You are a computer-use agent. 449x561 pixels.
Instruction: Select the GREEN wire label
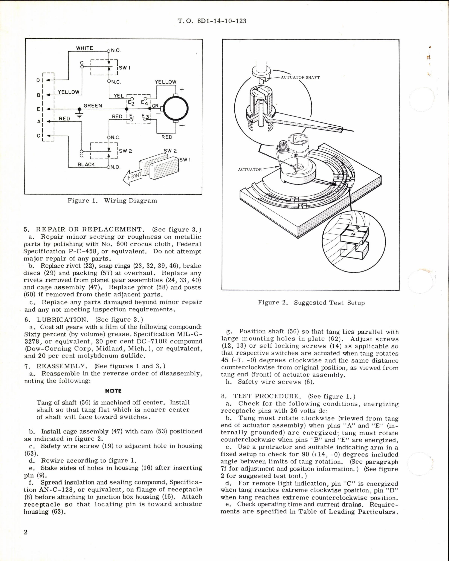(x=93, y=106)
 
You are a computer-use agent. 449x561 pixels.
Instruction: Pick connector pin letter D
(x=38, y=80)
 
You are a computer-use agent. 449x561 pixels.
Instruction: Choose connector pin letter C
(x=38, y=135)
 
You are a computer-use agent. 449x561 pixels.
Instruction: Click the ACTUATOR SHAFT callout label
(x=300, y=78)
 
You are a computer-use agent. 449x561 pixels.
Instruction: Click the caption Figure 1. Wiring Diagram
(x=112, y=201)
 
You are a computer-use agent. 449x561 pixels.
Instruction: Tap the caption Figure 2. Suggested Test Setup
(x=311, y=303)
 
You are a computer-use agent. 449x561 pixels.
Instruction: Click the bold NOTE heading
(x=113, y=391)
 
